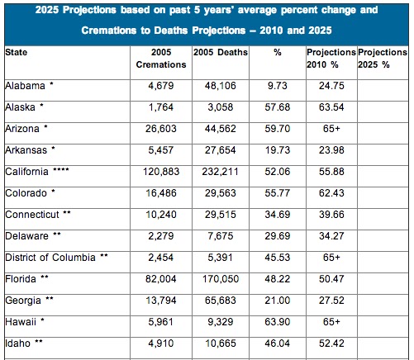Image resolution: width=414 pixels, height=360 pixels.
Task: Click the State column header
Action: coord(15,51)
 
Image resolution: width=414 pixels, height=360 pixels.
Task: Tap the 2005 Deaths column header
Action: coord(219,51)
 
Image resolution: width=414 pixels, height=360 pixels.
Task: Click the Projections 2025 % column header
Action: coord(383,58)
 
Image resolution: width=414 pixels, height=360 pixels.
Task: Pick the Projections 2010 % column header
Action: coord(329,58)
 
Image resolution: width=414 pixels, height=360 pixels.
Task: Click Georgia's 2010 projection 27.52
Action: coord(329,300)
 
